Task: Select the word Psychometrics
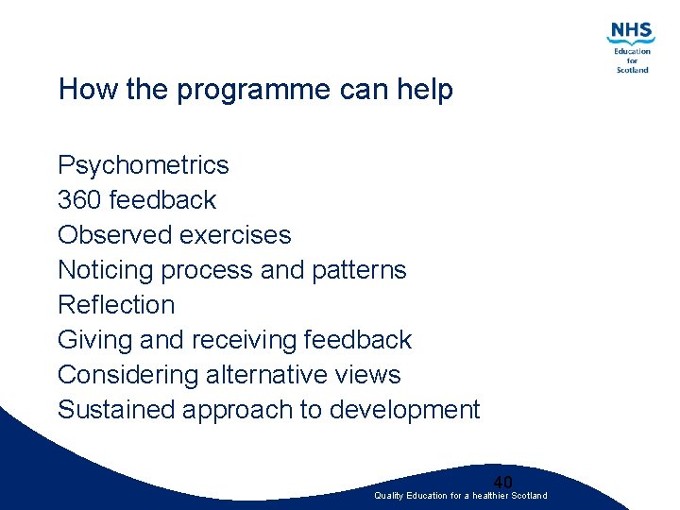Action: [143, 165]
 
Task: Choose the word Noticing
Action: [106, 270]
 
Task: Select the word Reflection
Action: [116, 305]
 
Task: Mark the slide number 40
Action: [502, 482]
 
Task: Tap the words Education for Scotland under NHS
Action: [632, 60]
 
